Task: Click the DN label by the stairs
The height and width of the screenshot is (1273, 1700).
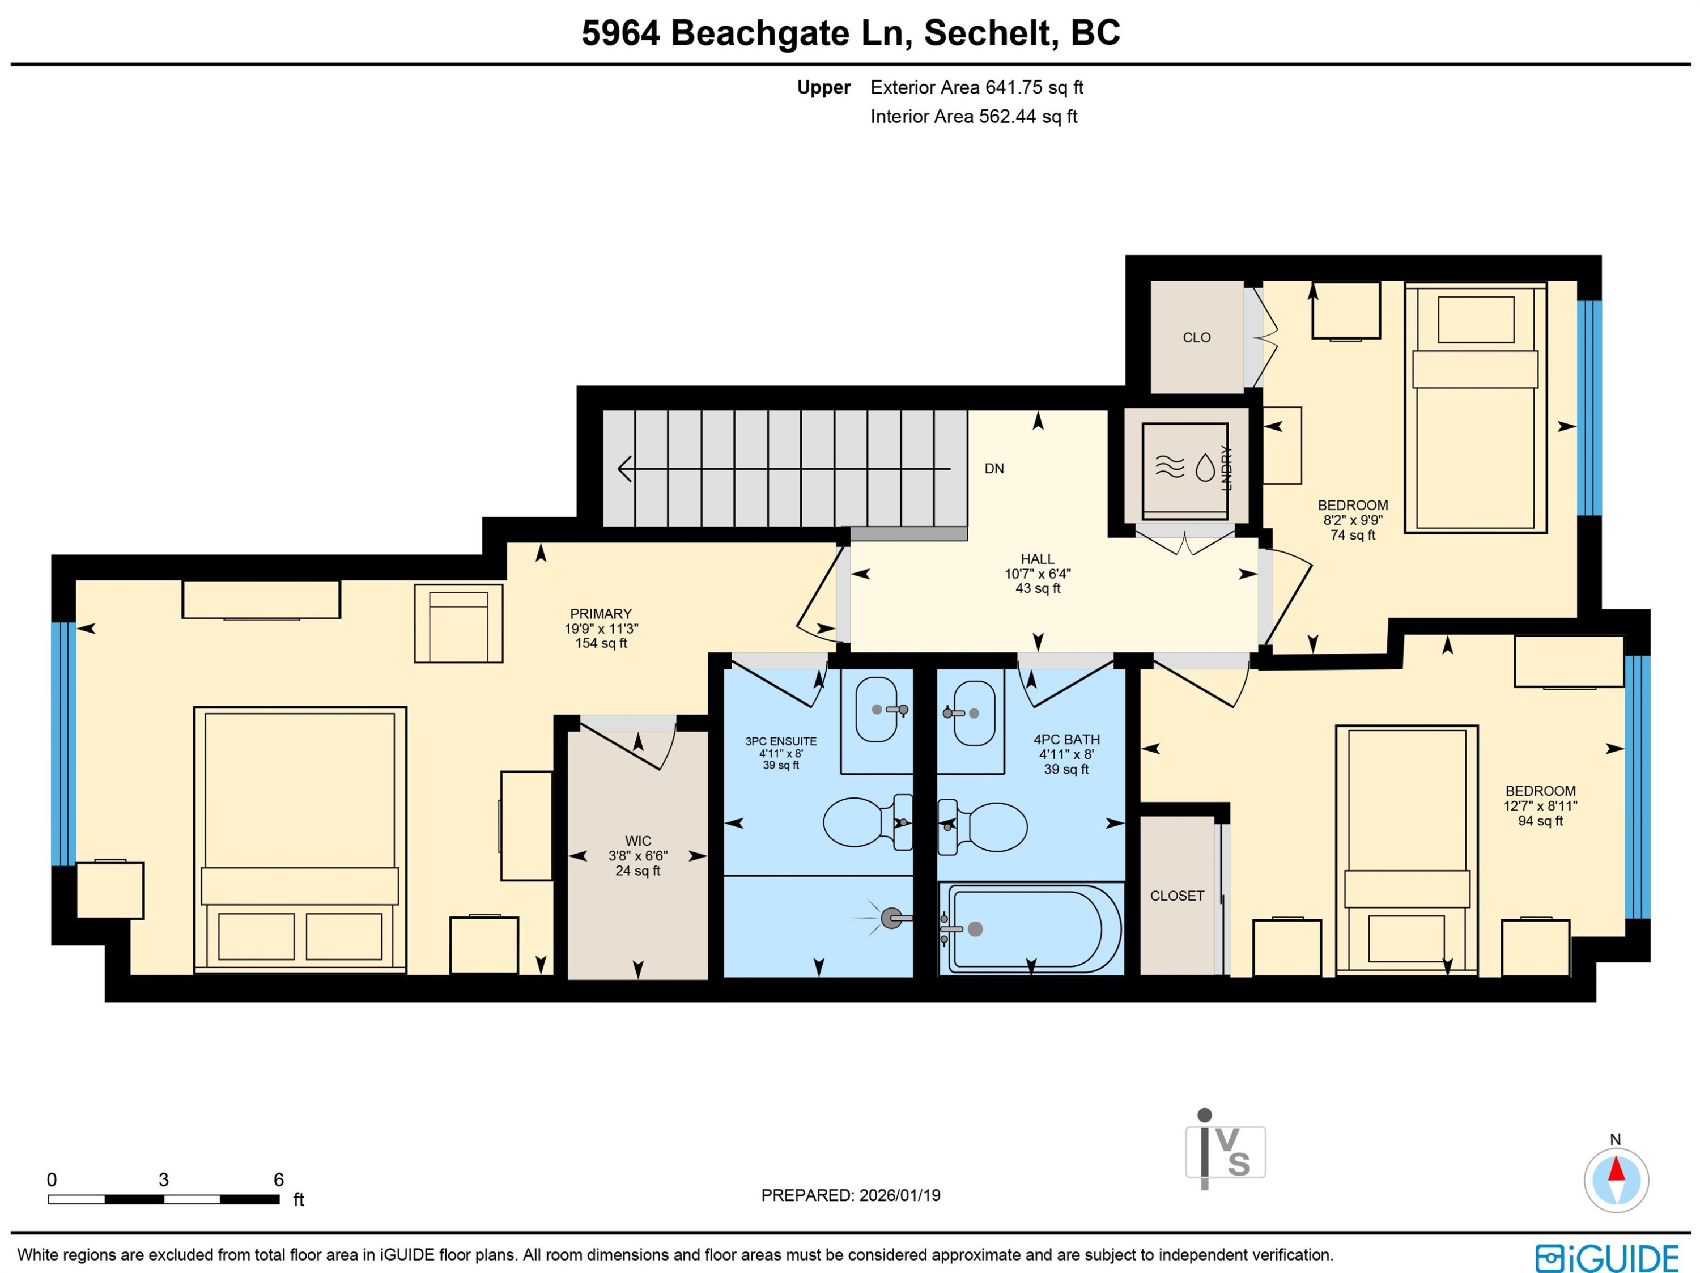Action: coord(994,468)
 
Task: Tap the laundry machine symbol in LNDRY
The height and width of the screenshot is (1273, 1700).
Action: coord(1184,468)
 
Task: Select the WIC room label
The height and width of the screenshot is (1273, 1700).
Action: coord(638,841)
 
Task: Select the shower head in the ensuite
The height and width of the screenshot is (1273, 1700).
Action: coord(891,918)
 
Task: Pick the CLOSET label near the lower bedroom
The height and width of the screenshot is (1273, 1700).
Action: coord(1176,896)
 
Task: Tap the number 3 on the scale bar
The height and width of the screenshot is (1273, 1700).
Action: coord(164,1179)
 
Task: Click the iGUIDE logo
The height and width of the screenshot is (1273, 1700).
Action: coord(1606,1258)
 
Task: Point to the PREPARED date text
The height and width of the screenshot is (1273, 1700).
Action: coord(851,1195)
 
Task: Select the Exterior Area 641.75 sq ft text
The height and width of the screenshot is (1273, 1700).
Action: coord(976,88)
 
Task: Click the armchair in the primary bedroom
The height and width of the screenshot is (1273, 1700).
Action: coord(458,623)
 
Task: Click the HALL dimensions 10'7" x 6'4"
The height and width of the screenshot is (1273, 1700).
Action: coord(1038,574)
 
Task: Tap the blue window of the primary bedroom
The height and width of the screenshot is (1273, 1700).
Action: coord(64,744)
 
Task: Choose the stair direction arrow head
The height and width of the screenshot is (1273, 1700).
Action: coord(624,468)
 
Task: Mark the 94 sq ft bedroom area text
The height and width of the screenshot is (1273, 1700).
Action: coord(1540,821)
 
